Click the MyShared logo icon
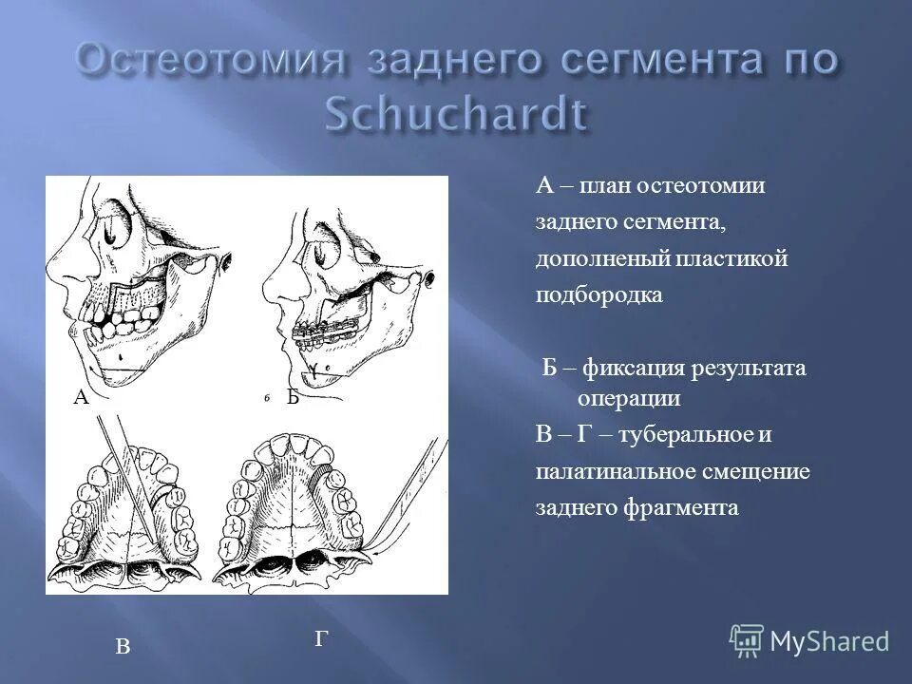(x=748, y=640)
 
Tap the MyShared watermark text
(x=829, y=641)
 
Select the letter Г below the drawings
(x=321, y=640)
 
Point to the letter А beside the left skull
(x=81, y=399)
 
